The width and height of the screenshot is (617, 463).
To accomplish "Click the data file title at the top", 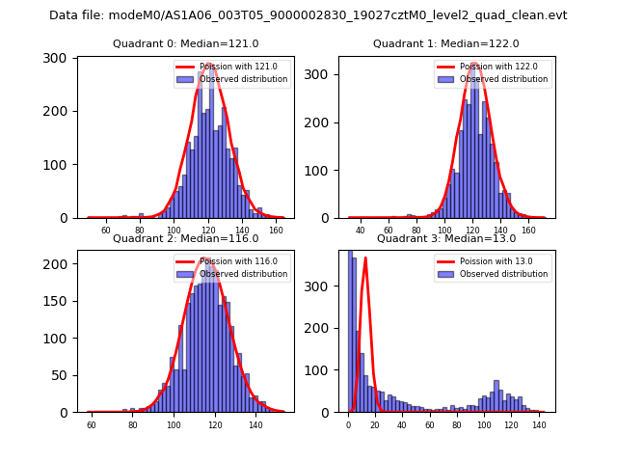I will pos(308,15).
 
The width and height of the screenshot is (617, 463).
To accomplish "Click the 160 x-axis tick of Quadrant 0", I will pos(277,231).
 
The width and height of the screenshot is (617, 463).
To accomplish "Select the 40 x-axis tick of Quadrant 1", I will pos(361,231).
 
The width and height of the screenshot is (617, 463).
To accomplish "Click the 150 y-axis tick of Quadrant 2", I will pos(60,301).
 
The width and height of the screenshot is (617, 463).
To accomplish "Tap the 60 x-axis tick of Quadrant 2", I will pos(92,425).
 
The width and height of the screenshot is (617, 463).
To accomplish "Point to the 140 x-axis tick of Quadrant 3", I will pos(538,425).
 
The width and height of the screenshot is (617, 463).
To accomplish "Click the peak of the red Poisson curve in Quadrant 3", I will pos(365,258).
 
